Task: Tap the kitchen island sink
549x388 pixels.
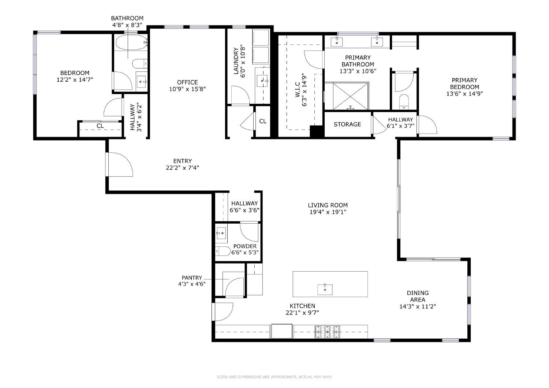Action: pos(325,290)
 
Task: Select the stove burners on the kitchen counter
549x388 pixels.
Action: pos(328,332)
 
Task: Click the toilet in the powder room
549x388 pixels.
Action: pos(223,251)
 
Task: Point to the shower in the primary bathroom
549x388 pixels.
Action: pos(351,96)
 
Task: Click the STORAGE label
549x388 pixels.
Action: pos(347,124)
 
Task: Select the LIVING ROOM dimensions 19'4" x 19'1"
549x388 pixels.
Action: pos(328,212)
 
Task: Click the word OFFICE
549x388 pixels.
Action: pos(187,82)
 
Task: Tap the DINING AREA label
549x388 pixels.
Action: pos(418,296)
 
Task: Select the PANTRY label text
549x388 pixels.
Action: pos(192,278)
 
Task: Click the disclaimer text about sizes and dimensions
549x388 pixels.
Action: pos(274,377)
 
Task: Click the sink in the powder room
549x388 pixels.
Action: pos(221,233)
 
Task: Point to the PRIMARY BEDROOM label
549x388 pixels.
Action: pos(464,83)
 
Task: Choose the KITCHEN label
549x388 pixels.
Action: pos(302,306)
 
